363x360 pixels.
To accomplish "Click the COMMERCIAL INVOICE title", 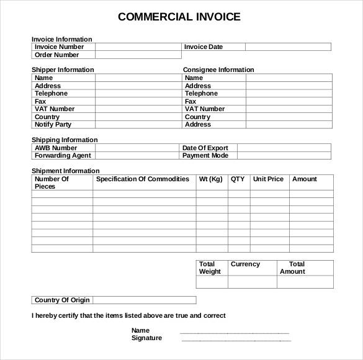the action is [x=179, y=17].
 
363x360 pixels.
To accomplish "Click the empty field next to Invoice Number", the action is [x=138, y=47].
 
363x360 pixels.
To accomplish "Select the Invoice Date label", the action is [x=203, y=47].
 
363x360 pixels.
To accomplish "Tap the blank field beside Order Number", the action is [x=138, y=55].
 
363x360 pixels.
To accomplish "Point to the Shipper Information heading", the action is [x=63, y=70].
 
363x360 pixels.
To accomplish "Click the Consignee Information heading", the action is [x=218, y=70].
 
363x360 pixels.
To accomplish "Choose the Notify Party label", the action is [x=53, y=125].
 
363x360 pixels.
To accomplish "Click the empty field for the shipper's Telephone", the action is [x=138, y=94].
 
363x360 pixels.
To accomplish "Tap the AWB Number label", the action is [x=56, y=148].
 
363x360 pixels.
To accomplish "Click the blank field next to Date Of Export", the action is [x=284, y=148].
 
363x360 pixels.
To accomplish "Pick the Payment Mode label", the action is [x=205, y=156].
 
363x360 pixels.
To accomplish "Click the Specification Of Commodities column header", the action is [x=143, y=179].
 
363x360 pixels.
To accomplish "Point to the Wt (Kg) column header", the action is [x=210, y=179].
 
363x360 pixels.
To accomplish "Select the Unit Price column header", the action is [x=268, y=179].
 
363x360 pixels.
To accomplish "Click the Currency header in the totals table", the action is [x=245, y=264].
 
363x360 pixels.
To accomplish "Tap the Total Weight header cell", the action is [x=210, y=268].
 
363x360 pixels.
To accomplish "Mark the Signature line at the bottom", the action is [x=235, y=339].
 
